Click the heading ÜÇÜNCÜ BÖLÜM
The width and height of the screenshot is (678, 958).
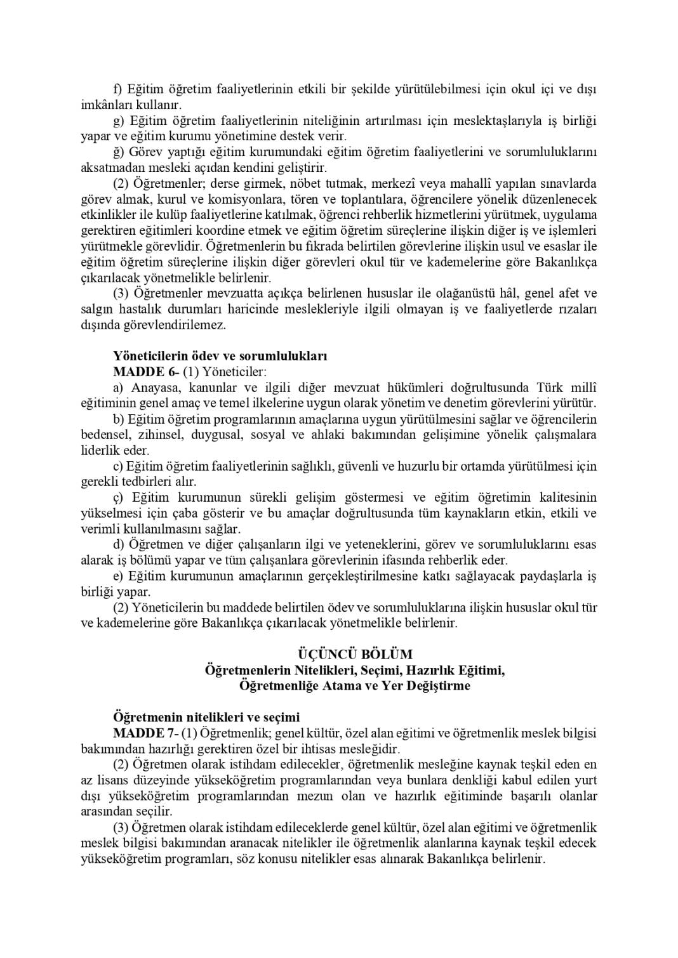pyautogui.click(x=355, y=654)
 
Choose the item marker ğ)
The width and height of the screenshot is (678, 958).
pyautogui.click(x=119, y=152)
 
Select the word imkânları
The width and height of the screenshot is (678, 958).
pyautogui.click(x=107, y=105)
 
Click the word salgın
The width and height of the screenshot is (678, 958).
pyautogui.click(x=98, y=309)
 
